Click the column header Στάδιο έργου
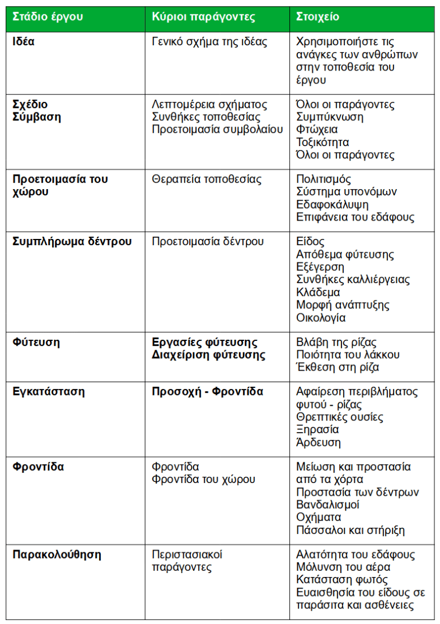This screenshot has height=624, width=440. pyautogui.click(x=48, y=17)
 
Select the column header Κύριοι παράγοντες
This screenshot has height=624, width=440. pyautogui.click(x=203, y=17)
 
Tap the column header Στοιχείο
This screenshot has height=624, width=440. pyautogui.click(x=317, y=17)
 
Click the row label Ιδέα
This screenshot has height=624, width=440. pyautogui.click(x=24, y=42)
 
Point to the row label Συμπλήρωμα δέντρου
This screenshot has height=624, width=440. pyautogui.click(x=72, y=241)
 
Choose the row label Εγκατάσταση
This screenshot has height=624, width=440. pyautogui.click(x=49, y=392)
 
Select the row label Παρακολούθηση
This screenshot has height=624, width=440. pyautogui.click(x=57, y=555)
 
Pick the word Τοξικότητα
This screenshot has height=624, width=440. pyautogui.click(x=323, y=142)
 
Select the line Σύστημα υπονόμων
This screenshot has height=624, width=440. pyautogui.click(x=346, y=192)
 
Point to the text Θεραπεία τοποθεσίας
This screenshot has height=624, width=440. pyautogui.click(x=206, y=179)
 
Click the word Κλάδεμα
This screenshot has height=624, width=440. pyautogui.click(x=318, y=292)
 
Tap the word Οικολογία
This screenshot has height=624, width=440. pyautogui.click(x=321, y=317)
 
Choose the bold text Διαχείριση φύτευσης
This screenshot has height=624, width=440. pyautogui.click(x=209, y=355)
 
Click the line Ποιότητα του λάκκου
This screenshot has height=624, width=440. pyautogui.click(x=348, y=355)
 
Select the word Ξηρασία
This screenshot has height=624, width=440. pyautogui.click(x=317, y=430)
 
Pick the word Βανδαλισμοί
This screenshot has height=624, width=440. pyautogui.click(x=328, y=505)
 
